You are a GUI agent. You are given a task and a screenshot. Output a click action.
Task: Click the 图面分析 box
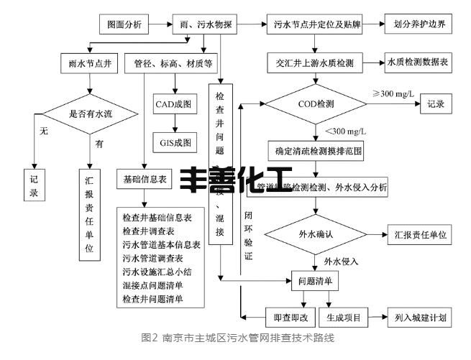125,24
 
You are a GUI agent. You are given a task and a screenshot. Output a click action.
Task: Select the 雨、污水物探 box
206,24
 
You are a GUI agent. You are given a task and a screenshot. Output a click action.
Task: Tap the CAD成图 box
173,105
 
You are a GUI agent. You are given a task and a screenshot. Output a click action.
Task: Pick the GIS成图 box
173,142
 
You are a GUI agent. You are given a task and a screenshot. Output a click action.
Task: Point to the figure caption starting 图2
235,337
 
